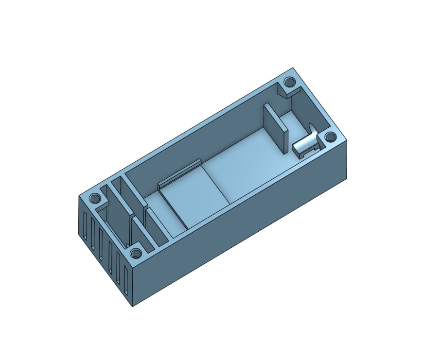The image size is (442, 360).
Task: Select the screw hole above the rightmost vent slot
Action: click(135, 253)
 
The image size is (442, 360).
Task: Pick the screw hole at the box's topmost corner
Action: click(290, 82)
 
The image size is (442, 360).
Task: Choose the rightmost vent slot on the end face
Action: click(126, 282)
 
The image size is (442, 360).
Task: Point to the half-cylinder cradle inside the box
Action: click(305, 144)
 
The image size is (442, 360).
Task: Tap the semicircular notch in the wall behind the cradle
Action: click(313, 129)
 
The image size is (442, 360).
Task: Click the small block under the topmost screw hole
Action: click(283, 90)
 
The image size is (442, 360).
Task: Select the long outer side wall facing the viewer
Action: click(243, 223)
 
